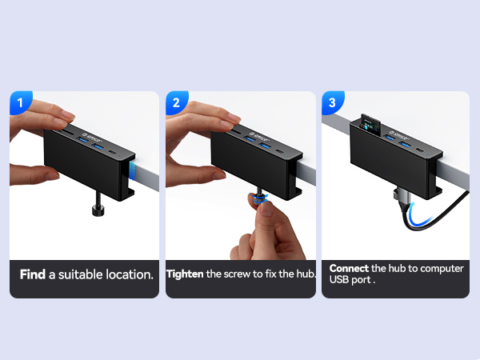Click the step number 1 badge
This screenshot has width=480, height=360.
[20, 102]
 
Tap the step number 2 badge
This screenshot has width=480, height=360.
[176, 102]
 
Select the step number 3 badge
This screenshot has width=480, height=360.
[332, 102]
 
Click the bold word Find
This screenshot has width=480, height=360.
[32, 274]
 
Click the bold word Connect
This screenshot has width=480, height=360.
[349, 269]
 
